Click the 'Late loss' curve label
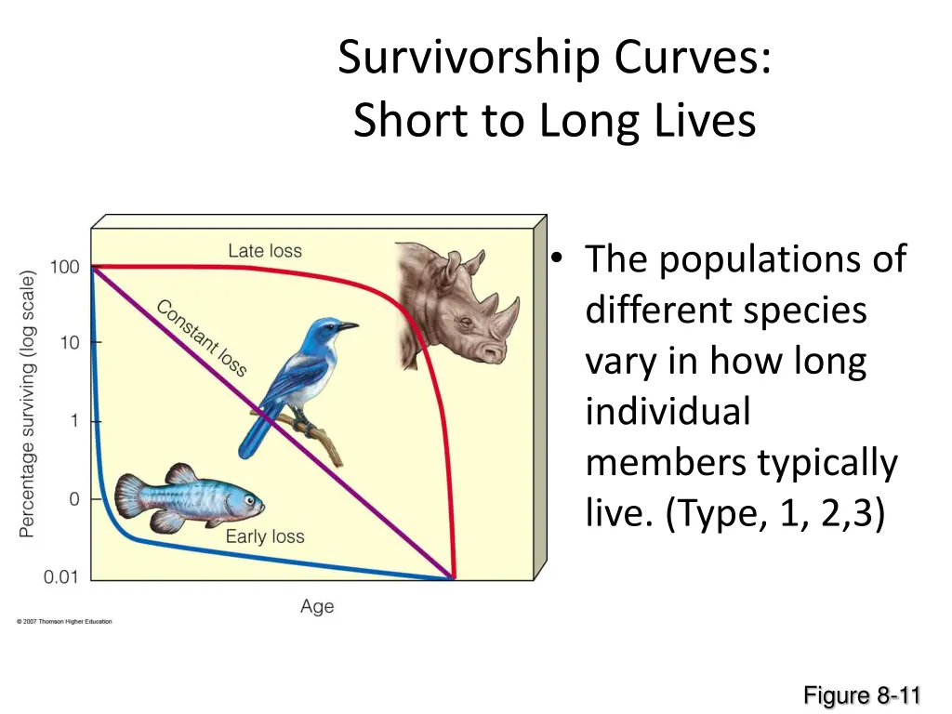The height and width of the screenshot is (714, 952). click(x=265, y=251)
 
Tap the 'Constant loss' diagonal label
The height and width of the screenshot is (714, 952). click(x=202, y=337)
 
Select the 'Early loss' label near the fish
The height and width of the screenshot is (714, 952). click(x=265, y=536)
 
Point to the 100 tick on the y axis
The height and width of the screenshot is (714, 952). click(x=64, y=268)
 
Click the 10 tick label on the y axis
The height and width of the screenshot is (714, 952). click(x=70, y=343)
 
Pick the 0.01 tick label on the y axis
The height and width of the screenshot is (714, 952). click(x=61, y=577)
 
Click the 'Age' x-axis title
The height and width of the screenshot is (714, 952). click(x=317, y=607)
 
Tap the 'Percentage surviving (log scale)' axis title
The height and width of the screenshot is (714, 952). click(x=28, y=404)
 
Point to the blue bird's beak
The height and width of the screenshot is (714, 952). click(x=349, y=326)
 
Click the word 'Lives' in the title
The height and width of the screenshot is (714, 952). click(x=711, y=121)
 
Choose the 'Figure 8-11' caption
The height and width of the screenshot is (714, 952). click(x=862, y=695)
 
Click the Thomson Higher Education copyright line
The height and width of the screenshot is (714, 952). click(x=64, y=622)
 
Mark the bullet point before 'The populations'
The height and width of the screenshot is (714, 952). click(x=557, y=259)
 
